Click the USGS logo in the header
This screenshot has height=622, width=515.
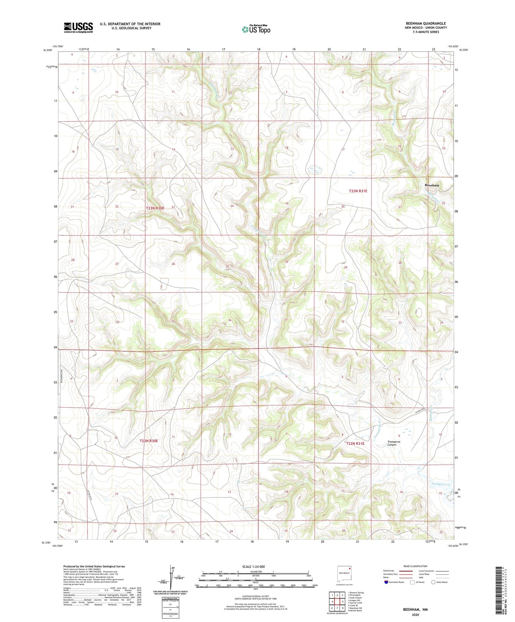(x=78, y=27)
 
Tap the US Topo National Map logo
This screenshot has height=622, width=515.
(x=256, y=29)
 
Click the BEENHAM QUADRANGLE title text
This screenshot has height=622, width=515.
(x=425, y=23)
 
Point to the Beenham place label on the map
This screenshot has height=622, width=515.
(x=432, y=185)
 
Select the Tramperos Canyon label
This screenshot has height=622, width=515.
(x=392, y=443)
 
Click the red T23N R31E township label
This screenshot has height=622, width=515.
(x=358, y=191)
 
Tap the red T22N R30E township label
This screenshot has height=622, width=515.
(x=149, y=441)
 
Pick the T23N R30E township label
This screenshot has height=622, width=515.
(x=155, y=208)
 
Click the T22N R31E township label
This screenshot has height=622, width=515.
(x=355, y=443)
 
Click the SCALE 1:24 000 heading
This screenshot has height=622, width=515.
(x=255, y=566)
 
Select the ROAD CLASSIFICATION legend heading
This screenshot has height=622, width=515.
(x=415, y=566)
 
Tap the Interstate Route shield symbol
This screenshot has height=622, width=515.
(x=386, y=582)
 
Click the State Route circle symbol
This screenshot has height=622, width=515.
(x=433, y=582)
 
